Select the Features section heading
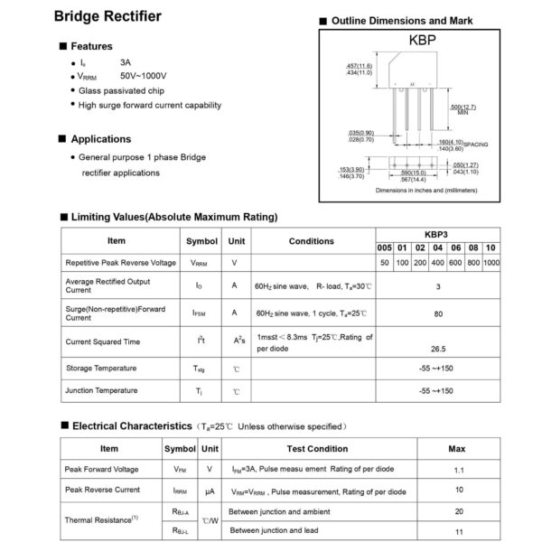(92, 46)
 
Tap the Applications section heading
(101, 139)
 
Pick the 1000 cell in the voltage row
(491, 262)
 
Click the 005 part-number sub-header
(384, 248)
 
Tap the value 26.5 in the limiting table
(438, 346)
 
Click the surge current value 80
(438, 313)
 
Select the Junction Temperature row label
(101, 390)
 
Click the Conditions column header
(311, 241)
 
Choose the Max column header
(457, 448)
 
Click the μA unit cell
(210, 491)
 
